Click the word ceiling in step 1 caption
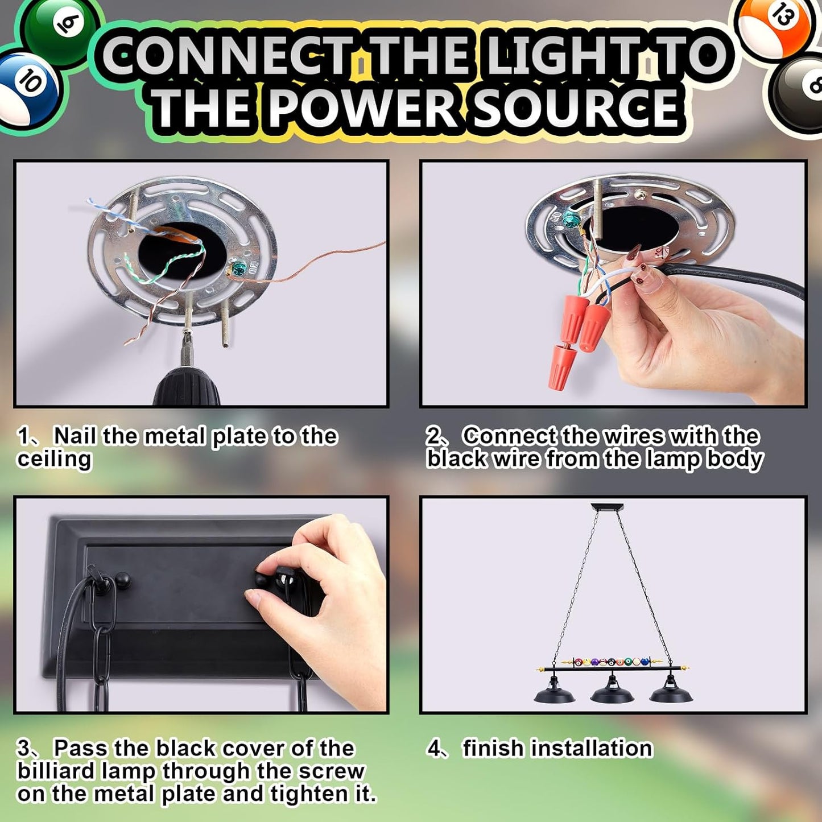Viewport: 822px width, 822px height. click(x=54, y=460)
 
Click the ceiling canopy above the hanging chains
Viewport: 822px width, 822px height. click(x=608, y=507)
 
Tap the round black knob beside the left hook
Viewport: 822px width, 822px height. click(x=123, y=579)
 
